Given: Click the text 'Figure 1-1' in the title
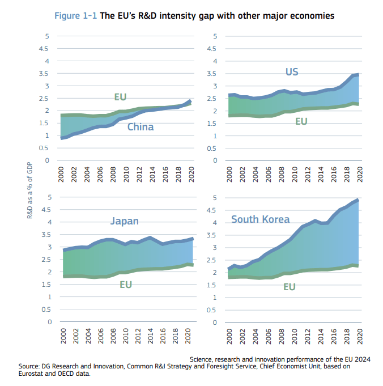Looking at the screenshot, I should point(75,16).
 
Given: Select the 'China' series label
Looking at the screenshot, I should point(140,127).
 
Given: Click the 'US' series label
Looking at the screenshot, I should point(291,72).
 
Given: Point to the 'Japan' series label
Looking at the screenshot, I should point(125,221).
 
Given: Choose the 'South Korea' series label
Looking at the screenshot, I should point(260,219).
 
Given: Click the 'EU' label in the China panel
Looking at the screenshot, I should point(120,97).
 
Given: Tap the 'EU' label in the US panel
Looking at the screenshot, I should point(301,121).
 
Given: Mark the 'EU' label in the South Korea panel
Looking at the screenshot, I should point(289,287).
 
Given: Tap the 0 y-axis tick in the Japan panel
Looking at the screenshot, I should point(49,322).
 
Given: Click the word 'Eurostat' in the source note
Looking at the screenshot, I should point(34,374).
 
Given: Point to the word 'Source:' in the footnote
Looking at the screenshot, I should point(32,367).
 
